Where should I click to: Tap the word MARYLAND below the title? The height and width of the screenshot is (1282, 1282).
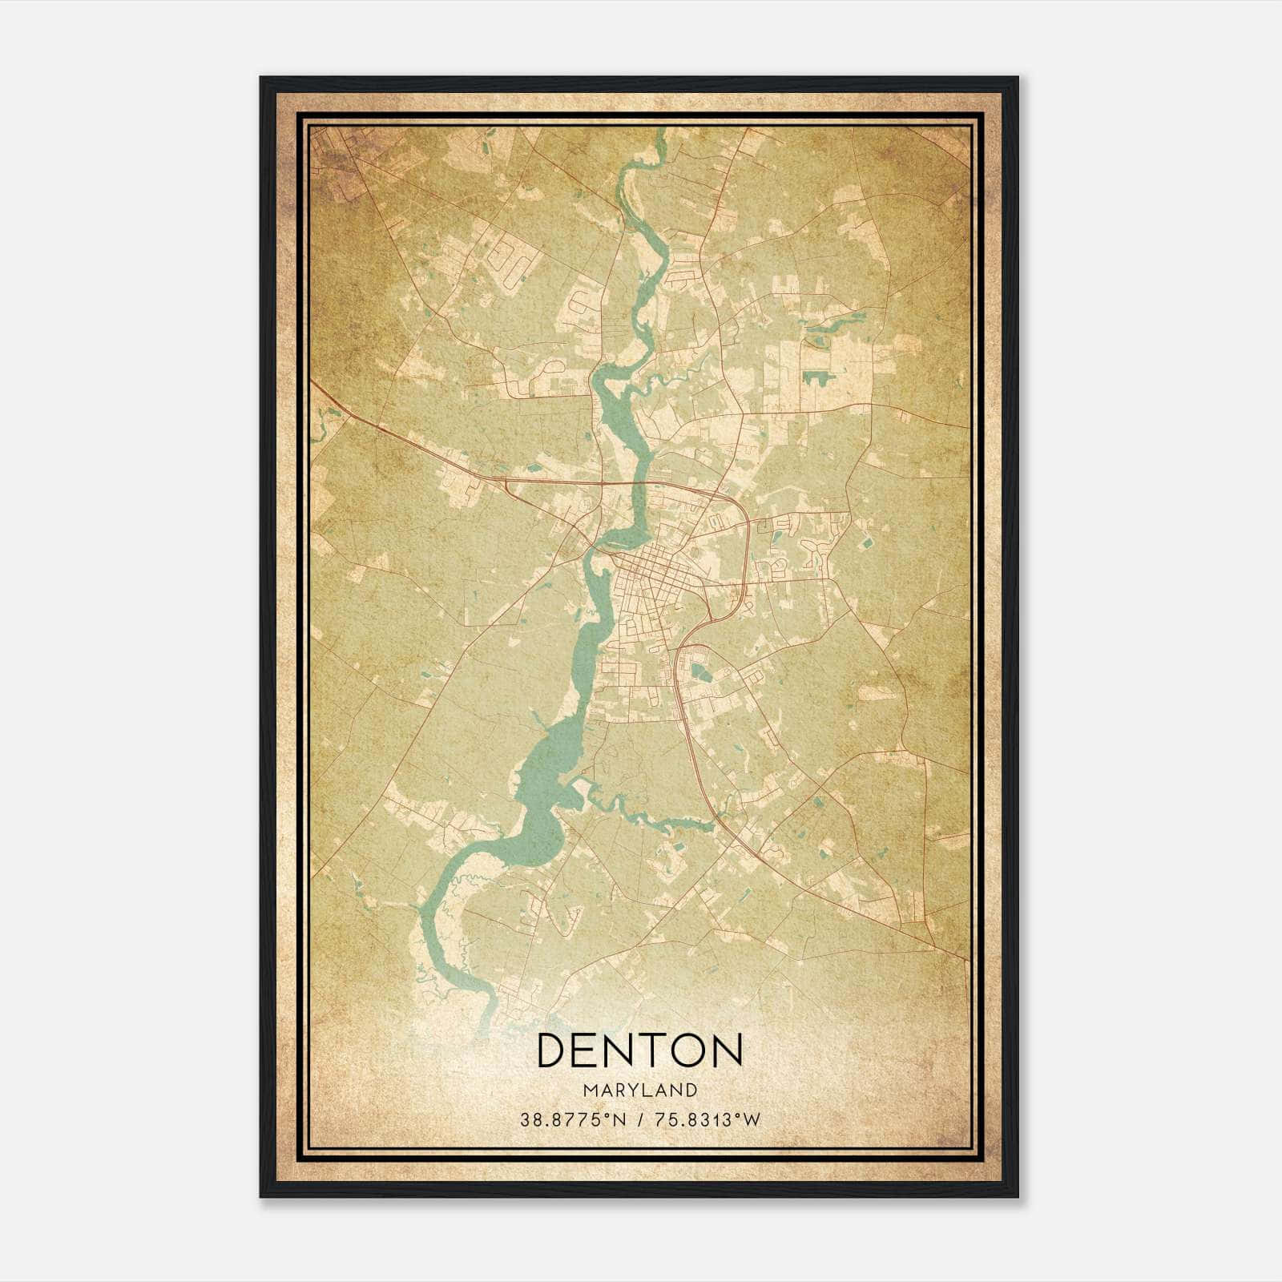tap(639, 1091)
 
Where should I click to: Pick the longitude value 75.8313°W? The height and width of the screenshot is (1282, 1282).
tap(705, 1119)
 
